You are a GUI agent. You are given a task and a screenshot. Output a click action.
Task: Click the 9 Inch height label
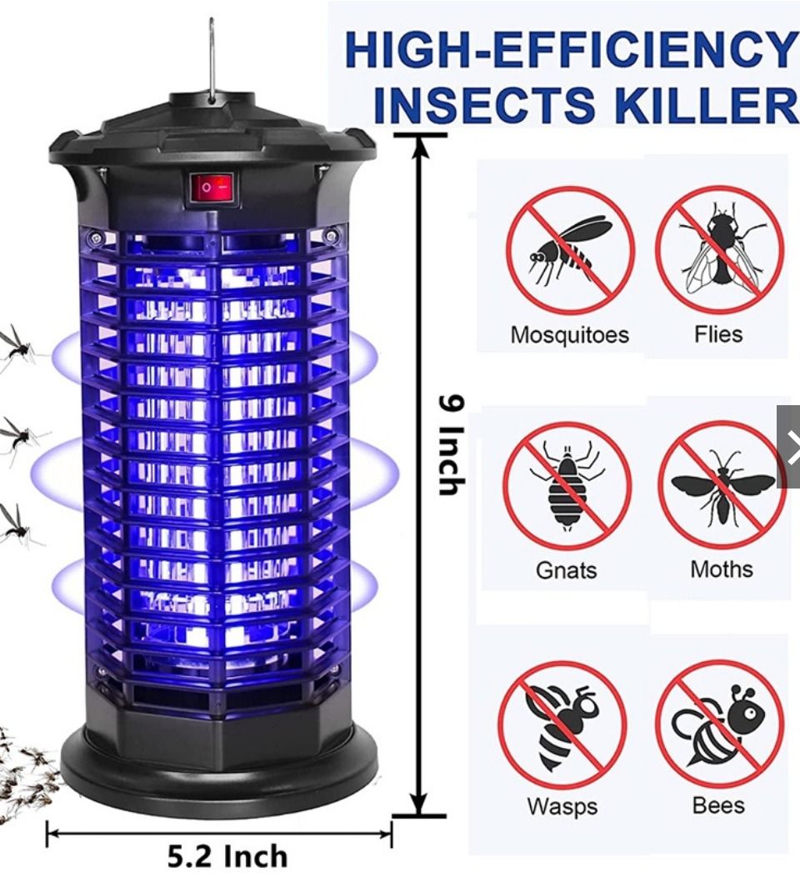point(451,445)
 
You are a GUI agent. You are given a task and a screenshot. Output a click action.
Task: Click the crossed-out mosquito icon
point(571,250)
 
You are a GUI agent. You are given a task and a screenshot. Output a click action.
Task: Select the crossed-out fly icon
point(719,250)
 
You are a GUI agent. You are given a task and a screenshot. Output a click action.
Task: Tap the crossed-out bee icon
point(719,724)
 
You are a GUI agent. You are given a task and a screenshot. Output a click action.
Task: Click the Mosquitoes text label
point(569,336)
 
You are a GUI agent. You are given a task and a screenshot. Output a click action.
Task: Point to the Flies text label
point(718,335)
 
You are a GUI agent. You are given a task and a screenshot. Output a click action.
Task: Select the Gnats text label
point(567,571)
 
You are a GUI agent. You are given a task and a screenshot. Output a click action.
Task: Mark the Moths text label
point(722,570)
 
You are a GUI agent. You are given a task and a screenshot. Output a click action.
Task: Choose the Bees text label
point(718,806)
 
